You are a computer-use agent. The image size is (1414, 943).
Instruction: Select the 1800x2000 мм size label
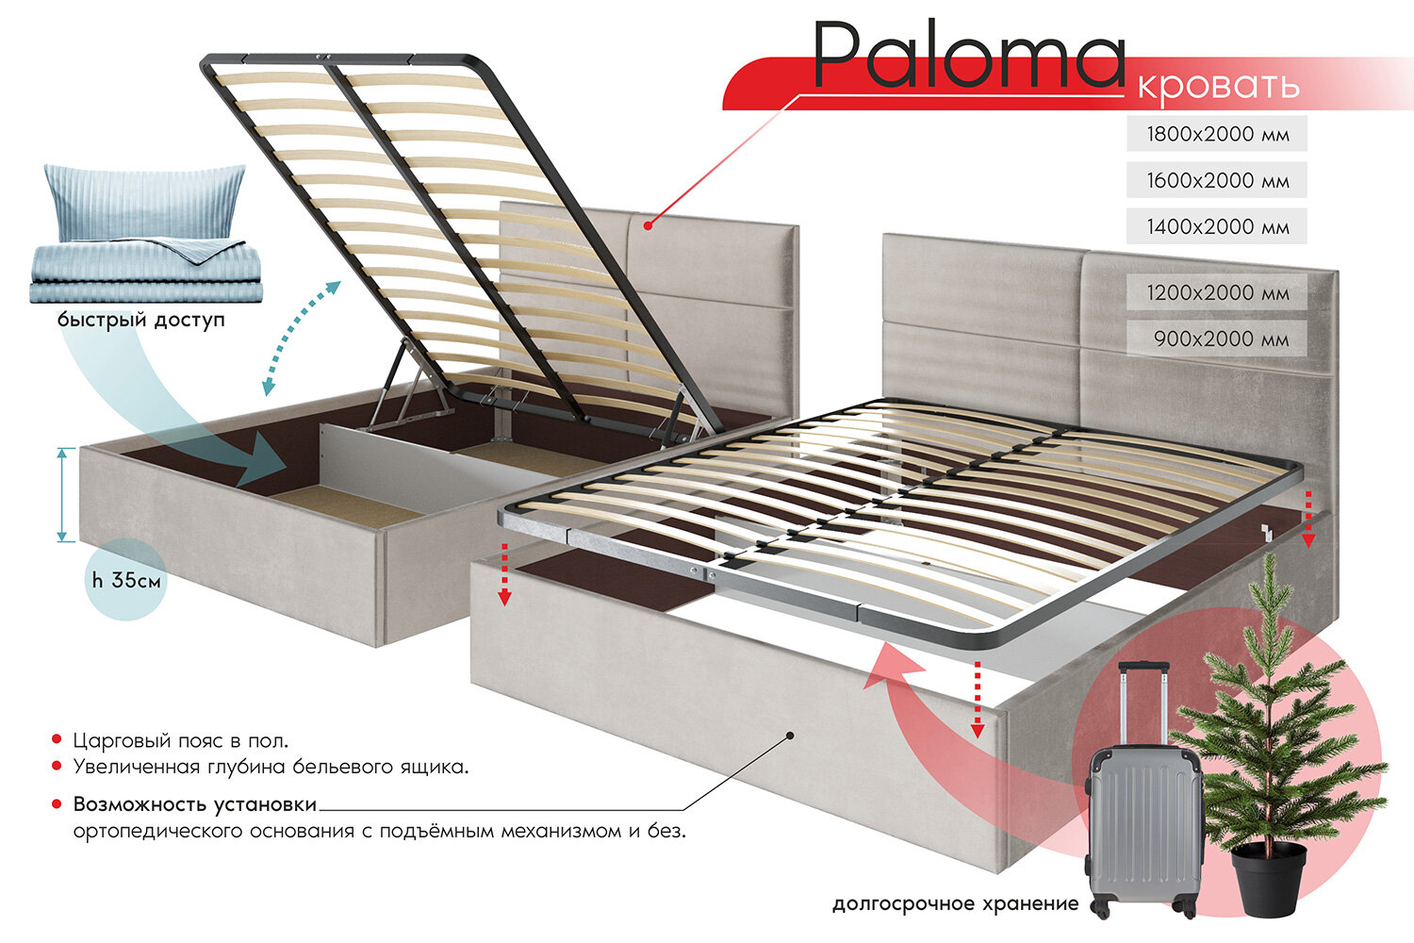[x=1217, y=134]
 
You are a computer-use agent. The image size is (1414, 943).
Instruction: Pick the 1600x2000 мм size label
[x=1217, y=180]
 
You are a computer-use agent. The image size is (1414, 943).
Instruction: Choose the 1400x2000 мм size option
[x=1217, y=226]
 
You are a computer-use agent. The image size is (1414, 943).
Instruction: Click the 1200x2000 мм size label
[x=1217, y=292]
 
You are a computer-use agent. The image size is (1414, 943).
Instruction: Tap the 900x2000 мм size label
[x=1221, y=339]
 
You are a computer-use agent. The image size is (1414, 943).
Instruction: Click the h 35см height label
[x=126, y=580]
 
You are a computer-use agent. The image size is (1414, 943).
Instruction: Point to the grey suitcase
[x=1143, y=820]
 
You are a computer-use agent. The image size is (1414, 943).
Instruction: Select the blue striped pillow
[x=143, y=200]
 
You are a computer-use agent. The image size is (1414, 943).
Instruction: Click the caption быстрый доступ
[x=141, y=321]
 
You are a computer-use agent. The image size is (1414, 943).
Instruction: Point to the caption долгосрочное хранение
[x=955, y=904]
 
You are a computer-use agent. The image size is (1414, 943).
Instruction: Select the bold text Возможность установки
[x=195, y=804]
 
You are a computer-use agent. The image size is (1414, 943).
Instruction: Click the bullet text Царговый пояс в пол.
[x=181, y=741]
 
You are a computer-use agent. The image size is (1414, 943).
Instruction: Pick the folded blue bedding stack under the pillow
[x=146, y=273]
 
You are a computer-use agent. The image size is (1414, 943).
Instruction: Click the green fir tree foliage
[x=1277, y=717]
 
